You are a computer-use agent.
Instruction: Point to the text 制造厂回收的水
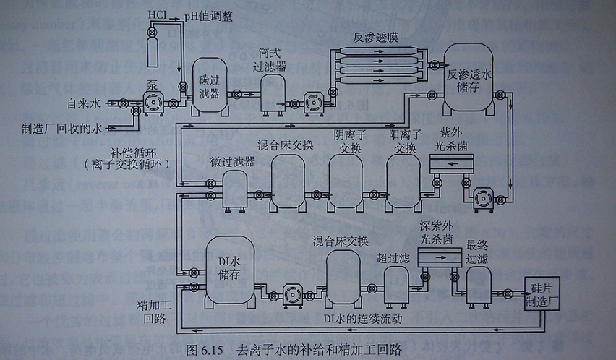point(63,129)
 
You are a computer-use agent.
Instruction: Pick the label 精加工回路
point(152,310)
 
